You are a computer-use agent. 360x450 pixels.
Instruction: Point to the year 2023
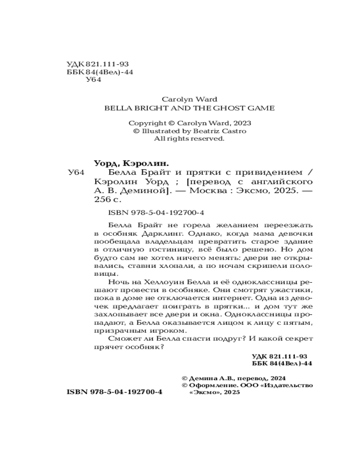click(x=242, y=123)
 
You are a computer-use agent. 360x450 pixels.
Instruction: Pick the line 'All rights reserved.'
click(x=189, y=139)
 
